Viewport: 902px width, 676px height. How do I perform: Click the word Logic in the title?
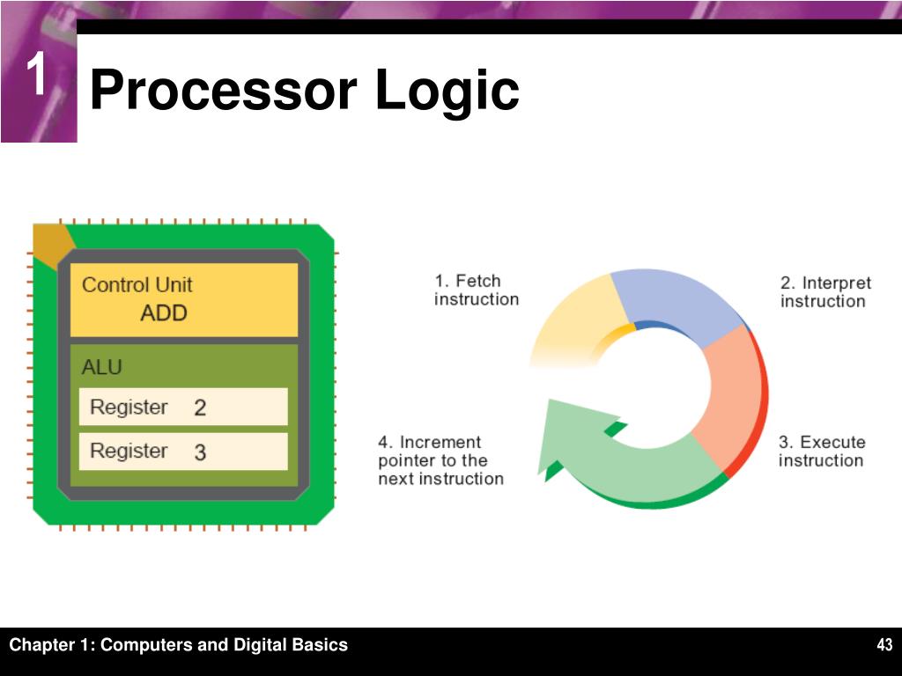[x=447, y=92]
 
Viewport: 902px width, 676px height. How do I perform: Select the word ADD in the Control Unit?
[x=164, y=312]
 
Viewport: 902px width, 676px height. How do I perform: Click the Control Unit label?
[x=137, y=285]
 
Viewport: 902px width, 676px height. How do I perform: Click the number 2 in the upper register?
[x=200, y=408]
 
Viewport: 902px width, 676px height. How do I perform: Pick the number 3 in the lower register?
[x=200, y=452]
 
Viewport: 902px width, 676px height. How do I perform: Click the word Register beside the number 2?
[x=129, y=407]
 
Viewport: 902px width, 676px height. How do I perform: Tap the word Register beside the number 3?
[x=129, y=451]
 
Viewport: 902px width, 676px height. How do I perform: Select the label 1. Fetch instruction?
[x=476, y=290]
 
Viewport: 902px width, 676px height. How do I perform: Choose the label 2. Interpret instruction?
[x=824, y=292]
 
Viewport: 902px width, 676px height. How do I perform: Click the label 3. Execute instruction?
[x=821, y=451]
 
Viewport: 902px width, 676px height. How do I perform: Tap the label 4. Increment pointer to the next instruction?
[x=440, y=460]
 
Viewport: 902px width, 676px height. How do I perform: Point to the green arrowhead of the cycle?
[x=564, y=431]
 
